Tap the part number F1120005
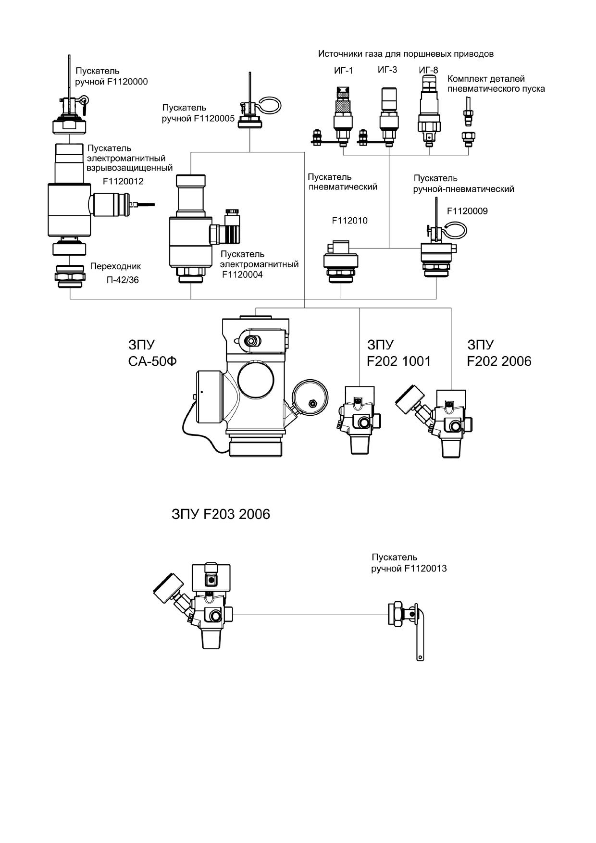pyautogui.click(x=214, y=118)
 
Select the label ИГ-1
pyautogui.click(x=343, y=71)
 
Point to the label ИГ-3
pyautogui.click(x=387, y=70)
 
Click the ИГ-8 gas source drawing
pyautogui.click(x=429, y=109)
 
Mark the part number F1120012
pyautogui.click(x=123, y=182)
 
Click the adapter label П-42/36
pyautogui.click(x=123, y=280)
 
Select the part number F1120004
pyautogui.click(x=242, y=275)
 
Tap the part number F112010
pyautogui.click(x=349, y=221)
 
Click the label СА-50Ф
pyautogui.click(x=152, y=361)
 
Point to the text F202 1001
pyautogui.click(x=398, y=361)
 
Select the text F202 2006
pyautogui.click(x=499, y=361)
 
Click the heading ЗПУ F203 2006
pyautogui.click(x=221, y=514)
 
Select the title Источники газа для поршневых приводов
pyautogui.click(x=406, y=54)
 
